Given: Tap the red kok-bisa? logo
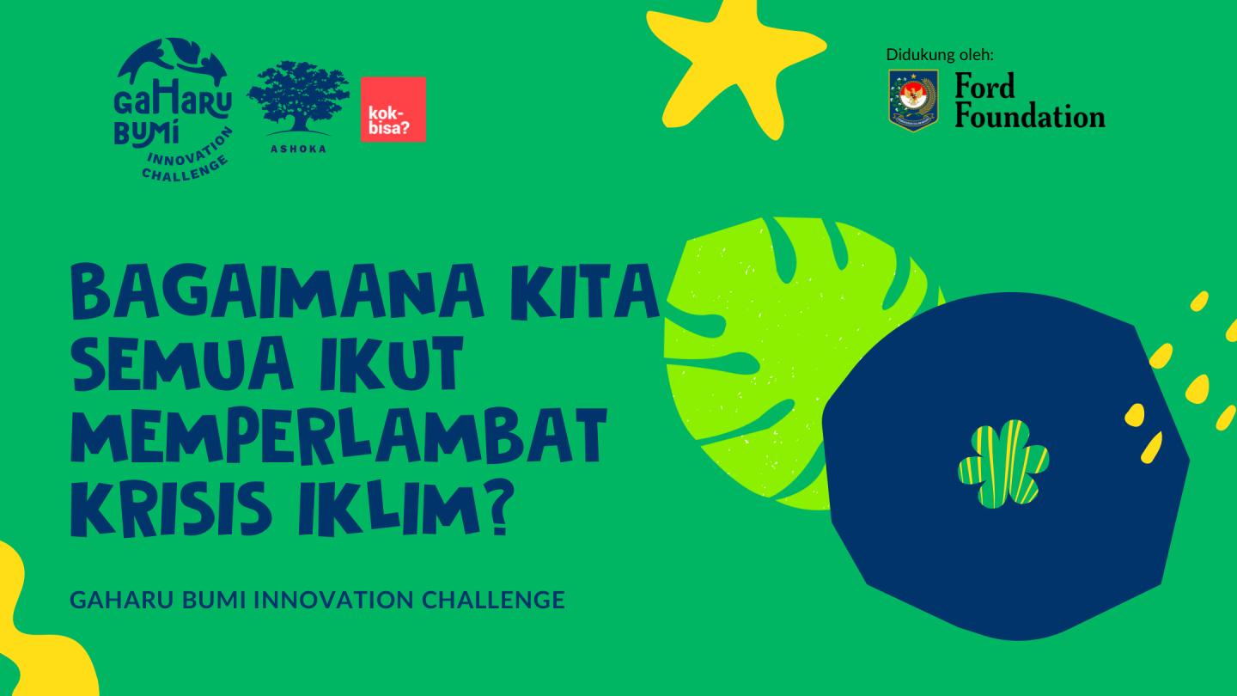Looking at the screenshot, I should [393, 109].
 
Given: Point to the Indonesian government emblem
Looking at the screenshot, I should [912, 101].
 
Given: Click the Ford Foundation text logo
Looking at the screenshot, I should [1029, 101].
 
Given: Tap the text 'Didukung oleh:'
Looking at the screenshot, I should [940, 55].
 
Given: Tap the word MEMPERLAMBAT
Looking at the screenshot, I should [338, 434].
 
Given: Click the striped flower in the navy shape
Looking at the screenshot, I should [1002, 463].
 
